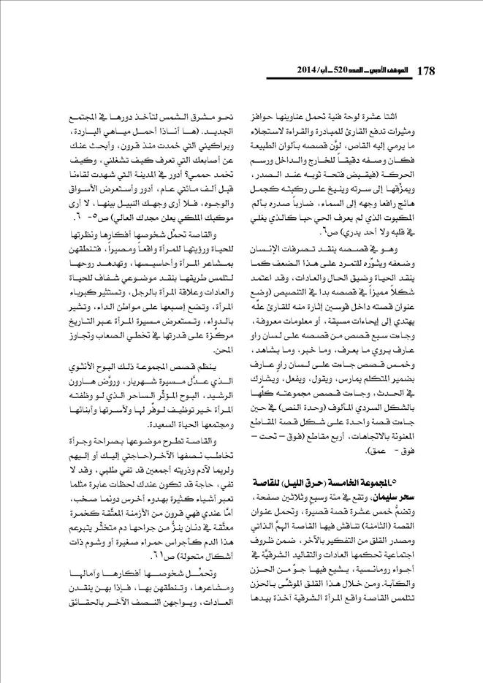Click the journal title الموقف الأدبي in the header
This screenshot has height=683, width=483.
pos(376,71)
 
